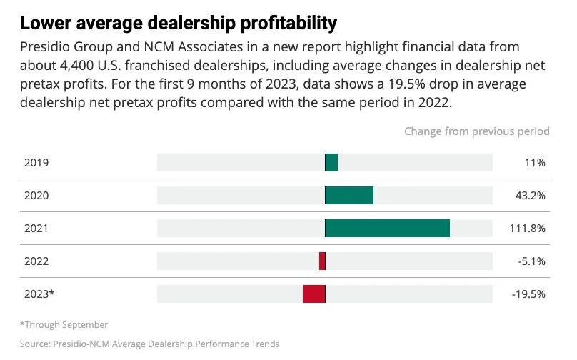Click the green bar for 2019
tap(331, 163)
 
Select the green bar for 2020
tap(349, 196)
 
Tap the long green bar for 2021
tap(388, 229)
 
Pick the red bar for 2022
tap(322, 261)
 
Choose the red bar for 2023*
tap(314, 294)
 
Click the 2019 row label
tap(36, 163)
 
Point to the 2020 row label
tap(36, 196)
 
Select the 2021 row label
tap(36, 229)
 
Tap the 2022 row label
tap(36, 261)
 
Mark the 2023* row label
tap(39, 294)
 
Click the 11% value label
tap(535, 163)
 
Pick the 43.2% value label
tap(531, 196)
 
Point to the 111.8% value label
tap(528, 229)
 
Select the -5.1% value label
tap(532, 261)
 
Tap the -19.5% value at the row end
tap(529, 294)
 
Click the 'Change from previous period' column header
tap(476, 131)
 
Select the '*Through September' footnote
tap(64, 325)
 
